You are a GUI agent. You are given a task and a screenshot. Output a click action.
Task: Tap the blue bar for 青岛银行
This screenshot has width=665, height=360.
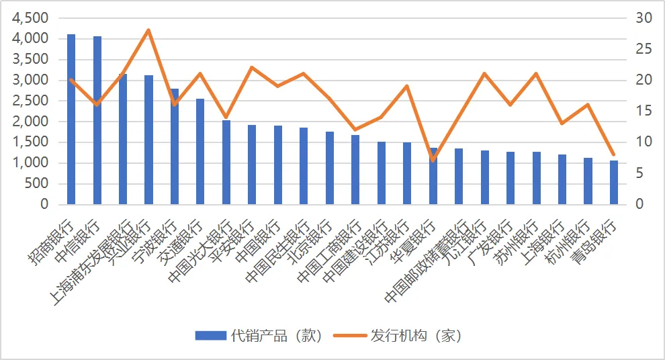pyautogui.click(x=614, y=182)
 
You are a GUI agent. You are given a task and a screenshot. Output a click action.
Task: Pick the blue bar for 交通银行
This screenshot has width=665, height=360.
pyautogui.click(x=200, y=151)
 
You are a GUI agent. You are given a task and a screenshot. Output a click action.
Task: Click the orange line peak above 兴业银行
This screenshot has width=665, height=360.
pyautogui.click(x=148, y=30)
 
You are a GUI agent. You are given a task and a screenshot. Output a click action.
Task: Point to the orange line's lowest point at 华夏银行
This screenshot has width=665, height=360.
pyautogui.click(x=433, y=160)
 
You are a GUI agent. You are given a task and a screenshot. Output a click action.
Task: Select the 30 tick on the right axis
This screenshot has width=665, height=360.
pyautogui.click(x=644, y=17)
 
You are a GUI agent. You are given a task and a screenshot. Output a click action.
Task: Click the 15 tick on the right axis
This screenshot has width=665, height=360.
pyautogui.click(x=644, y=111)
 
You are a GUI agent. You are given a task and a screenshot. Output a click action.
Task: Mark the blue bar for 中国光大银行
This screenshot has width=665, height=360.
pyautogui.click(x=226, y=162)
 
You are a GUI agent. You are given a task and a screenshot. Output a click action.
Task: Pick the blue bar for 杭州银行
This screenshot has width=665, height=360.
pyautogui.click(x=588, y=181)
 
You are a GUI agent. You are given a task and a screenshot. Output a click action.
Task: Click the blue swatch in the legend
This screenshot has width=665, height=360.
pyautogui.click(x=210, y=335)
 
